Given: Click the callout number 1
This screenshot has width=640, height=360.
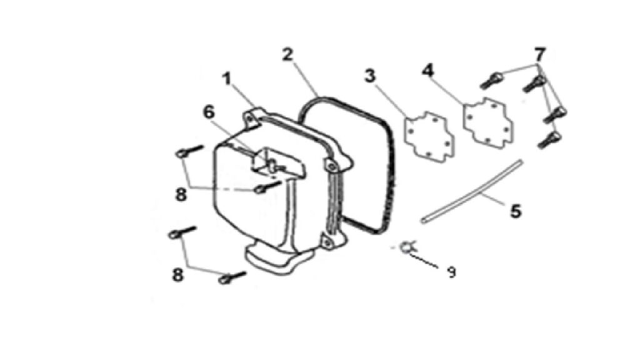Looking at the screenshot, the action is click(227, 79).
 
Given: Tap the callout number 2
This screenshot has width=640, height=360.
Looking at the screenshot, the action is click(287, 55).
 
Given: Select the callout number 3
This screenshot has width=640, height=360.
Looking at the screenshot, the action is click(370, 76).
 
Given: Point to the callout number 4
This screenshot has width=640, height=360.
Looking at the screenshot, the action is click(427, 71).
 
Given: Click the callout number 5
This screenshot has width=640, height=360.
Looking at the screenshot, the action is click(516, 211).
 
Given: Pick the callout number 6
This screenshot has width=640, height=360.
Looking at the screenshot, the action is click(209, 112).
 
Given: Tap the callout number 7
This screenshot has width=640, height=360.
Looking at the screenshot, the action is click(539, 54).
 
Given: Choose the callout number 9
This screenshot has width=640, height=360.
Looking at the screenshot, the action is click(451, 272).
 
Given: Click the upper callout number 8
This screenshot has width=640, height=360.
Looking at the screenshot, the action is click(181, 195).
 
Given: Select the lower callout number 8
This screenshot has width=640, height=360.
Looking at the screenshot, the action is click(177, 275).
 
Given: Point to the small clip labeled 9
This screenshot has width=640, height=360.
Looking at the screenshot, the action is click(407, 246).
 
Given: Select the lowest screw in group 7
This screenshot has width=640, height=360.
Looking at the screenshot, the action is click(549, 139).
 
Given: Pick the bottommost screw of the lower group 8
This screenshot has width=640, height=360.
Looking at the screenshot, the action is click(232, 277).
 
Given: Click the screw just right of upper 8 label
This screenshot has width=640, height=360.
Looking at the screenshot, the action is click(267, 187).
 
